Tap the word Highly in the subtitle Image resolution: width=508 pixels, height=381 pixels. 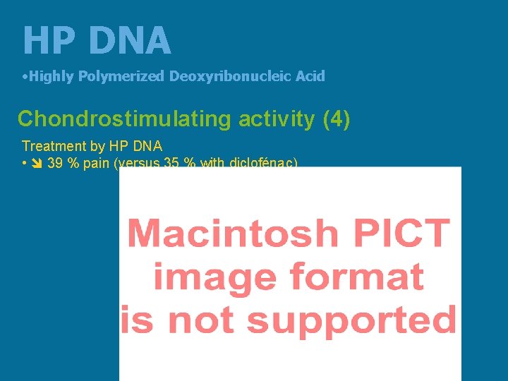[x=52, y=76]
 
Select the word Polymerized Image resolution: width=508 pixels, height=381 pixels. [x=121, y=76]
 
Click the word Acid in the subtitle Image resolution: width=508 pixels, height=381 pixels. [x=310, y=76]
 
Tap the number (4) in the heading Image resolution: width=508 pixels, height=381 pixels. [x=336, y=119]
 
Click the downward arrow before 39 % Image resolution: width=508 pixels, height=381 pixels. [x=37, y=164]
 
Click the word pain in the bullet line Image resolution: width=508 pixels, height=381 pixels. [x=98, y=164]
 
